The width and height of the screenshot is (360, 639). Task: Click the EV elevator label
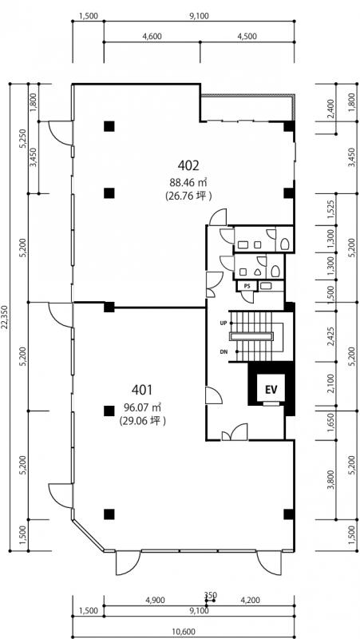(x=271, y=389)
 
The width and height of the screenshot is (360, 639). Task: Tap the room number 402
(x=188, y=165)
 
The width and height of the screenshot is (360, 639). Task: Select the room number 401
(x=142, y=390)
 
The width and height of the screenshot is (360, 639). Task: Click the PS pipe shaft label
(x=247, y=287)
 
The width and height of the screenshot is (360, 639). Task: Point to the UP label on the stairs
(x=223, y=323)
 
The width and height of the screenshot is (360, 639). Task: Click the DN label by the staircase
(x=223, y=351)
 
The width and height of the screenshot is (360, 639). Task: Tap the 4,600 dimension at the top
(x=152, y=36)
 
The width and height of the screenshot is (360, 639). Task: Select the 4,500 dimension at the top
(x=247, y=36)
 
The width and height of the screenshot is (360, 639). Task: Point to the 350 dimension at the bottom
(x=211, y=595)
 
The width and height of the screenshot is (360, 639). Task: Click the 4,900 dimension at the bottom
(x=155, y=600)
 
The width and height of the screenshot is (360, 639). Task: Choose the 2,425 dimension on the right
(x=332, y=335)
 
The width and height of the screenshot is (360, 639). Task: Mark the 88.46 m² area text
(x=188, y=182)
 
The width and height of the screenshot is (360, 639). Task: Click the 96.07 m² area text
(x=142, y=407)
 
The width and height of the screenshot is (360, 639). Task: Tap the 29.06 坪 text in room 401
(x=142, y=421)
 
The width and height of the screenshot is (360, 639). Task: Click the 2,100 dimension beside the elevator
(x=332, y=384)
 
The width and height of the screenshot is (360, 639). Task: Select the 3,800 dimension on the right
(x=332, y=480)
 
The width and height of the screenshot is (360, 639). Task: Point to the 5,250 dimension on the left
(x=24, y=140)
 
